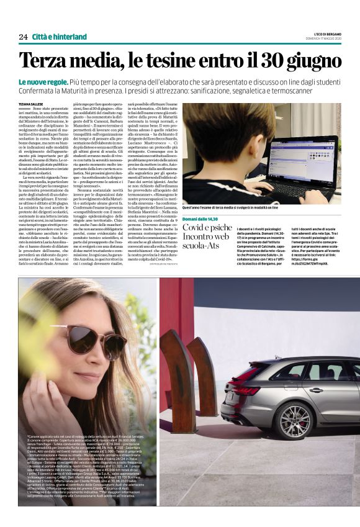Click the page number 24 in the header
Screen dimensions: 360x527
coord(23,37)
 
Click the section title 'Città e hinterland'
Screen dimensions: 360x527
coord(60,37)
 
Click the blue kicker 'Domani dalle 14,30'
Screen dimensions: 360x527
coord(201,220)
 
